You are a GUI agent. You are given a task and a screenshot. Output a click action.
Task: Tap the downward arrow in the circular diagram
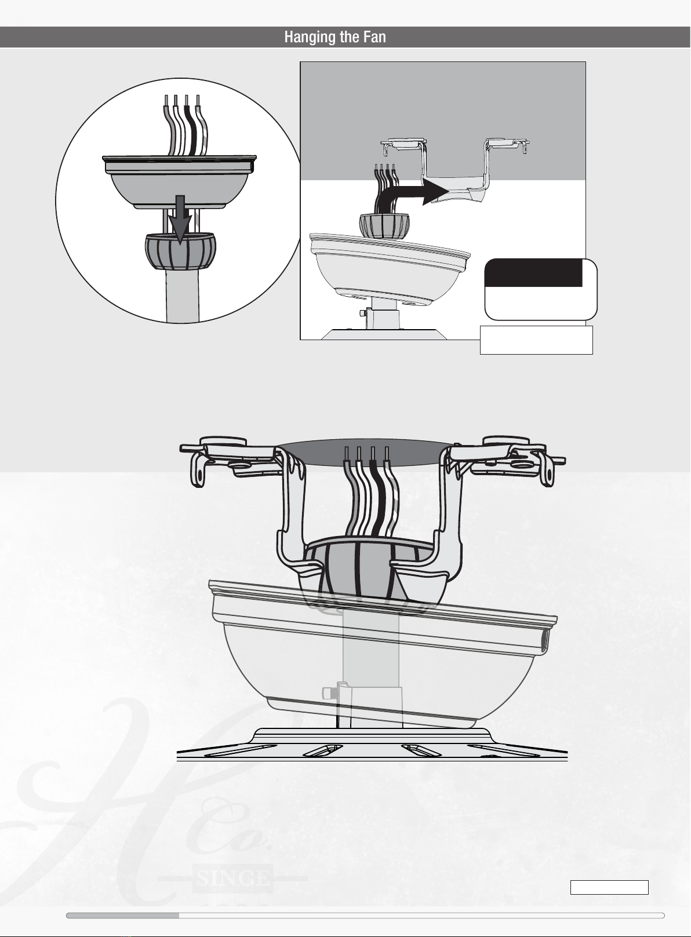click(180, 219)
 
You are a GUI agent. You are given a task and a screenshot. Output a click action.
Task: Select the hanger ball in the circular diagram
click(180, 251)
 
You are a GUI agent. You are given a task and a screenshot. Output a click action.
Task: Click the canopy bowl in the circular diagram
click(179, 182)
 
